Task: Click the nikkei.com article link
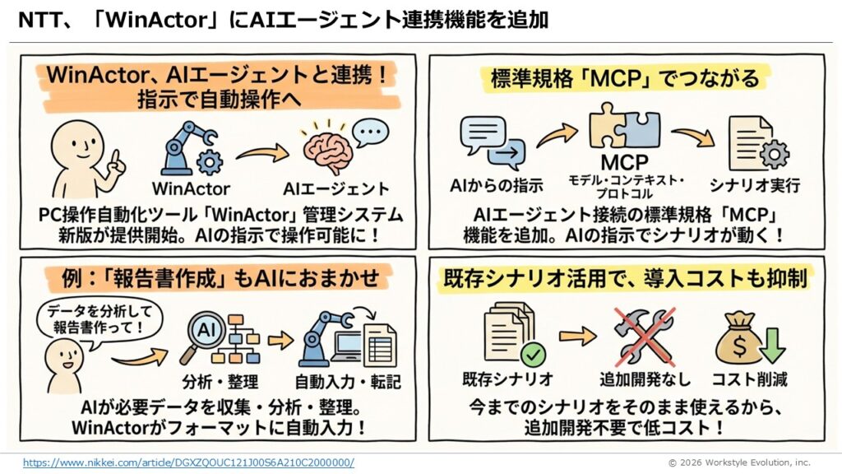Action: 188,462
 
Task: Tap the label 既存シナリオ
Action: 507,379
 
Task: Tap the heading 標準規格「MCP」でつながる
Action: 624,80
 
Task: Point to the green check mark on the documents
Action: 534,355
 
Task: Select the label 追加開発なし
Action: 645,379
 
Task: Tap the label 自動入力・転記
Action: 337,381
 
